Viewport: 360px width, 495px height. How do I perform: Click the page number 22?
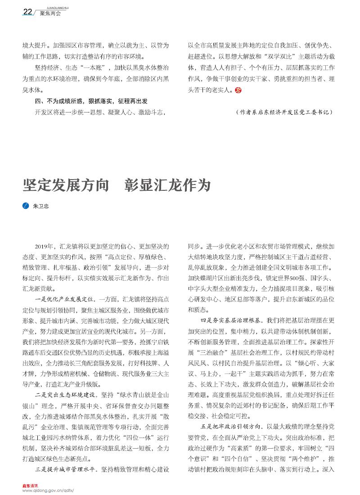pyautogui.click(x=27, y=12)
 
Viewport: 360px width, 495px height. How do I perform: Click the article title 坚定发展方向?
pyautogui.click(x=66, y=185)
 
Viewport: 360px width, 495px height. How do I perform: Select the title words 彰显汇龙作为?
pyautogui.click(x=167, y=185)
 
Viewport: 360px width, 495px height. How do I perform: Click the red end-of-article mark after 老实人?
pyautogui.click(x=238, y=90)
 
